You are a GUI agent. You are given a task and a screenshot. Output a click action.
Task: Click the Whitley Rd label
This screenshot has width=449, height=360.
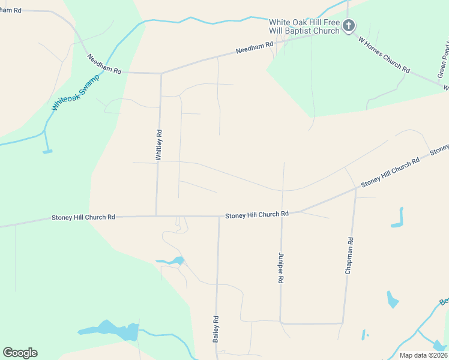pyautogui.click(x=159, y=145)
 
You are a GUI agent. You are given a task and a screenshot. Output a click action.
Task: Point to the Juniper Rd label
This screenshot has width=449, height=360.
pyautogui.click(x=280, y=268)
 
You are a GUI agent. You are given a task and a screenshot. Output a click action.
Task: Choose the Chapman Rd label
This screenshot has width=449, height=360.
pyautogui.click(x=349, y=256)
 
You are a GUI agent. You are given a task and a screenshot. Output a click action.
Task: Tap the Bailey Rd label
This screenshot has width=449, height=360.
pyautogui.click(x=215, y=329)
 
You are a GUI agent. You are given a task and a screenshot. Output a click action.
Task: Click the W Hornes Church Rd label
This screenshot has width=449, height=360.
pyautogui.click(x=384, y=55)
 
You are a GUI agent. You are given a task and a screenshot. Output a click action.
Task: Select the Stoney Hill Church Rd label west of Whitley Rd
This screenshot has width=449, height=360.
pyautogui.click(x=83, y=217)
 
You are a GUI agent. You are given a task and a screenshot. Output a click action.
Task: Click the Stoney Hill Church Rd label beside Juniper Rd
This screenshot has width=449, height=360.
pyautogui.click(x=257, y=214)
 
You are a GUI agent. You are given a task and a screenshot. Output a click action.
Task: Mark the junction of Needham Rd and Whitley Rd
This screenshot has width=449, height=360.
pyautogui.click(x=161, y=73)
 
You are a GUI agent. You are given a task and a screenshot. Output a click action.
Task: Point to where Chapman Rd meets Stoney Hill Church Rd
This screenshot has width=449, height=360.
pyautogui.click(x=355, y=189)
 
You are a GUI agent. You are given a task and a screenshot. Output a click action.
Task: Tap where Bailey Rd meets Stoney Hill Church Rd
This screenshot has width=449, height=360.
pyautogui.click(x=218, y=216)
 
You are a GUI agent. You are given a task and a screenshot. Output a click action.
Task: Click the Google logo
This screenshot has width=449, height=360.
pyautogui.click(x=20, y=353)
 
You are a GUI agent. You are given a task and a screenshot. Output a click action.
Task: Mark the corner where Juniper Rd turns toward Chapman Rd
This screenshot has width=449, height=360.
pyautogui.click(x=280, y=323)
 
